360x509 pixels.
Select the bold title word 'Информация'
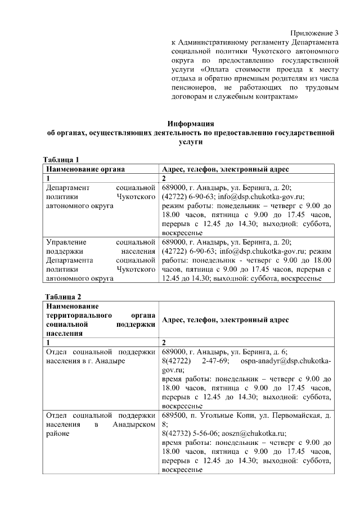[192, 124]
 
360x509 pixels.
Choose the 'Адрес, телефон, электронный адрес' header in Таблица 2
[225, 319]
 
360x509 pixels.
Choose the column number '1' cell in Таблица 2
[48, 342]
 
